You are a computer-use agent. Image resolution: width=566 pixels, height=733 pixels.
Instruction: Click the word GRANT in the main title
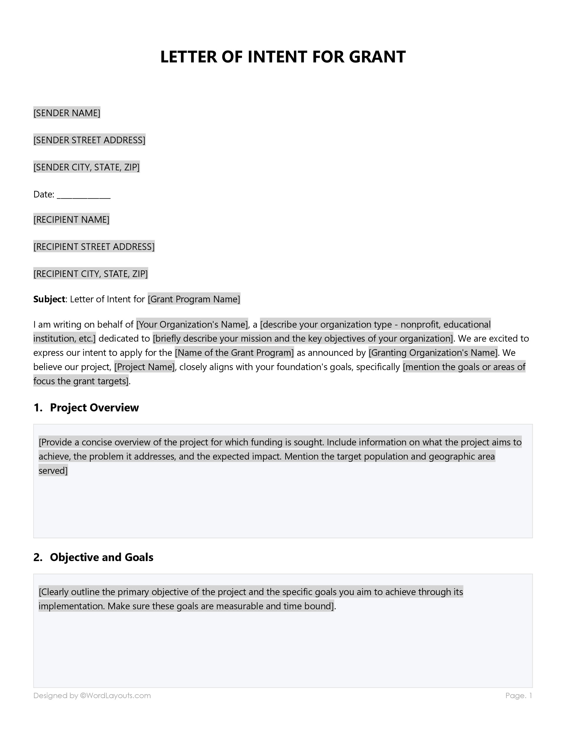tap(377, 57)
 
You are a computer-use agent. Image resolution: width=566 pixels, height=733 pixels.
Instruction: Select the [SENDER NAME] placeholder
tap(67, 113)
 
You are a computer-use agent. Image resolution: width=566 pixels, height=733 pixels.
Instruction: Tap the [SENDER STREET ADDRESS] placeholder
tap(89, 140)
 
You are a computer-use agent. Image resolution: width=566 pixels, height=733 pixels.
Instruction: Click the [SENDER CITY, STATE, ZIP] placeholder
tap(87, 167)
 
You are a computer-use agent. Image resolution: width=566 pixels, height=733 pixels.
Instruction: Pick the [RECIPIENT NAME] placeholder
tap(71, 219)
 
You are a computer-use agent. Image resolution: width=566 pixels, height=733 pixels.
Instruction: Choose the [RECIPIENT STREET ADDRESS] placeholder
tap(94, 247)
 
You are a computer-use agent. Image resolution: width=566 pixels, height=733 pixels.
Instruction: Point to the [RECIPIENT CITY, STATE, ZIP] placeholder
tap(91, 274)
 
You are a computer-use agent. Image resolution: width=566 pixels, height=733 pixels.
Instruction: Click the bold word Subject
tap(49, 299)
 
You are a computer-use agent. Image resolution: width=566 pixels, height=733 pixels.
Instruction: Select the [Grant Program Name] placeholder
tap(194, 299)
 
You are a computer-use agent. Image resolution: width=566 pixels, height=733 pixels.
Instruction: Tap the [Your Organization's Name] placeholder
tap(192, 324)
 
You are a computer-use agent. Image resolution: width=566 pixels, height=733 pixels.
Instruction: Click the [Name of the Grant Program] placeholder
tap(234, 353)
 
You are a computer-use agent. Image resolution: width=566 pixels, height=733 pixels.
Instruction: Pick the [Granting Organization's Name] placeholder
tap(433, 353)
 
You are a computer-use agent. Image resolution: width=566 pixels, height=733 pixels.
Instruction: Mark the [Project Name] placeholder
tap(144, 367)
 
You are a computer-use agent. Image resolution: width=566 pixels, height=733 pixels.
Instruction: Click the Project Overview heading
tap(94, 407)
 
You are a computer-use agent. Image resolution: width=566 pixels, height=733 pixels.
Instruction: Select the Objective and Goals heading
tap(101, 557)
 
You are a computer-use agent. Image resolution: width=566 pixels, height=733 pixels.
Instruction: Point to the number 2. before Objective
tap(37, 557)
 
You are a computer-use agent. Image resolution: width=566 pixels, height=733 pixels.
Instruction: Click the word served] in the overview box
tap(53, 470)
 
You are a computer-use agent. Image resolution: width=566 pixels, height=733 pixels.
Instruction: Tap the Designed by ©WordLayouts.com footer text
tap(92, 696)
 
